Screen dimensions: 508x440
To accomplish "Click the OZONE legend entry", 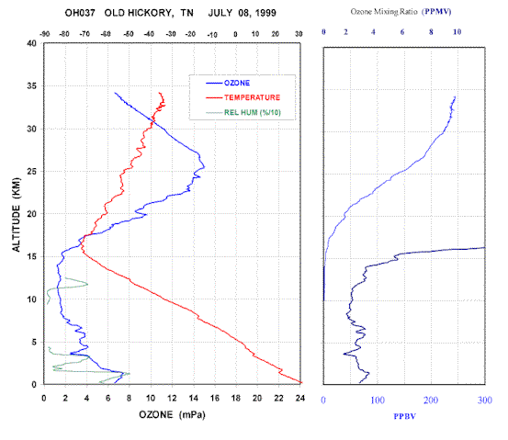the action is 228,83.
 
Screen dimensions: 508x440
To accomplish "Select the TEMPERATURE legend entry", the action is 243,97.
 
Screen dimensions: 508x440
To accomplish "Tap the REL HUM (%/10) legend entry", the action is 243,112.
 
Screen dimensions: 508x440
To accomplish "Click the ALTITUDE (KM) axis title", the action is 17,215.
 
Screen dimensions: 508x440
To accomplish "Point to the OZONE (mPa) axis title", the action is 172,414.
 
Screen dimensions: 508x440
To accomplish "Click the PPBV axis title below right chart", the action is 404,416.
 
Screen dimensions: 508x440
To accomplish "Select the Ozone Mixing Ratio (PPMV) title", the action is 401,12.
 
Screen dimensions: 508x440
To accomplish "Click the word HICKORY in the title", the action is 151,13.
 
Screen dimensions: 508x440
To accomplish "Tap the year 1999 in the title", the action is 265,13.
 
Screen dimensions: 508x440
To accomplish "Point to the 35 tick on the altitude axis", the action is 31,85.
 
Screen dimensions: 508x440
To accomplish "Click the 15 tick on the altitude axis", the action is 31,256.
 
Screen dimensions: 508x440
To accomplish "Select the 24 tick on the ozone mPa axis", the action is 300,398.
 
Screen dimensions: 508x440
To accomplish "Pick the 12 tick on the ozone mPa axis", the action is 172,398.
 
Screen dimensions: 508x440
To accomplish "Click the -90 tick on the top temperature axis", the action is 45,34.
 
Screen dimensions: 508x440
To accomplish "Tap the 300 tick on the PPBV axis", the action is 485,401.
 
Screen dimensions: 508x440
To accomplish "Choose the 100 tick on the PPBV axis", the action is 378,401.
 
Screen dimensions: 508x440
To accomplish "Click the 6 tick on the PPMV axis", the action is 402,32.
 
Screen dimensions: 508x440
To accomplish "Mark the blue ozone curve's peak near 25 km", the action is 205,167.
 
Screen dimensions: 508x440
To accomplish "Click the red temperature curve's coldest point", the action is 82,248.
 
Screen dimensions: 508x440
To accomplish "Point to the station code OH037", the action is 80,13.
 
